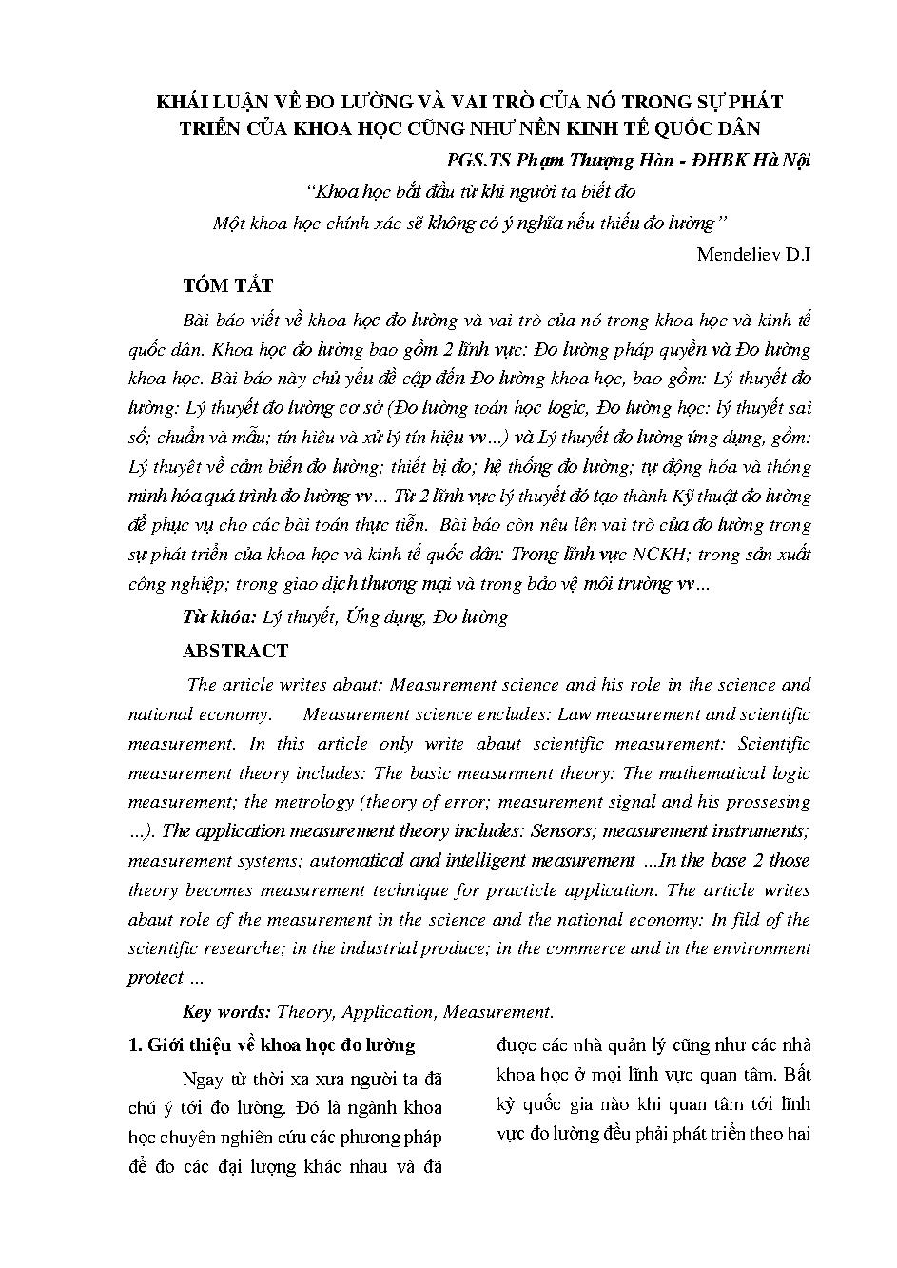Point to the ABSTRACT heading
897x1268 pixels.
[235, 652]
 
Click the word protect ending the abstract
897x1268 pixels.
[155, 978]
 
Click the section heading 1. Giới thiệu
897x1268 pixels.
[271, 1045]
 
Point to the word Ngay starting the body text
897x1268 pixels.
[200, 1079]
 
